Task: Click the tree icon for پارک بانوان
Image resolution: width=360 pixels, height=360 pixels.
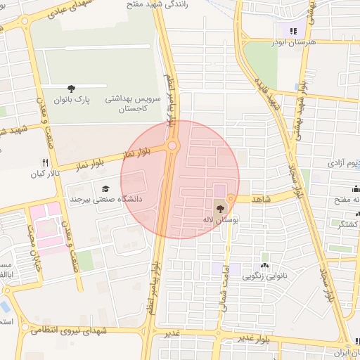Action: [x=71, y=88]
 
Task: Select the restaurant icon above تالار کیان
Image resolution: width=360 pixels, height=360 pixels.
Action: [x=45, y=162]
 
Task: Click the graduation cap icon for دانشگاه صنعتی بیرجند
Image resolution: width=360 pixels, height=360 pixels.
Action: [x=105, y=188]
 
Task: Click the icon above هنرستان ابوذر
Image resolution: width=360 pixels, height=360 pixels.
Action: [x=292, y=30]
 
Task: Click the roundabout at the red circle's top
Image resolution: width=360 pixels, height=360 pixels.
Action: [x=173, y=146]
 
